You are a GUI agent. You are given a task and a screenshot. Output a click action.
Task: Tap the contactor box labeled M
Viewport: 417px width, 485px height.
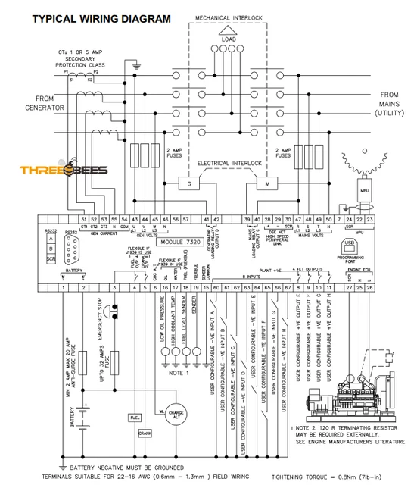268,183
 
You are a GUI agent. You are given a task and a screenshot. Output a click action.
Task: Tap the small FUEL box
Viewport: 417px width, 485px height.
135,418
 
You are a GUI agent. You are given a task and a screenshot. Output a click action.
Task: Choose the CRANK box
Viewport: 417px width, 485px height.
146,433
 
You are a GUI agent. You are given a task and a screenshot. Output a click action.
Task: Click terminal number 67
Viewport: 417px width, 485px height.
287,288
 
